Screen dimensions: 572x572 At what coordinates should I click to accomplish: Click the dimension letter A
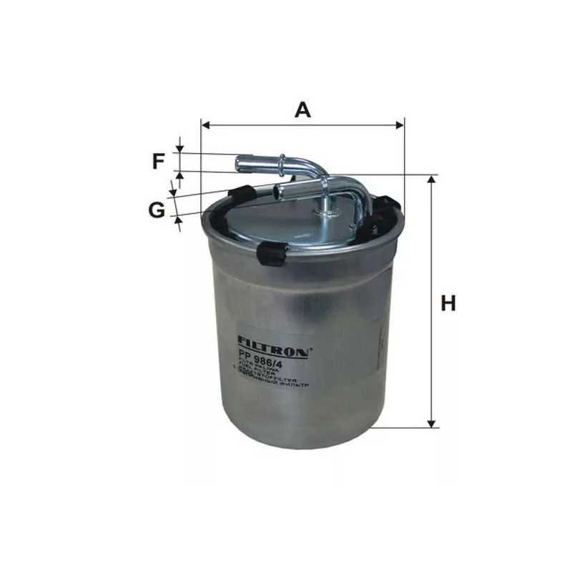[x=303, y=109]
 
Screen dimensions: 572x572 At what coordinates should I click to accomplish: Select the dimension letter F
[x=158, y=162]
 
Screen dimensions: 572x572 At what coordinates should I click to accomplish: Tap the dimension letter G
[x=157, y=209]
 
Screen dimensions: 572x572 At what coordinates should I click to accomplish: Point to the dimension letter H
[x=448, y=303]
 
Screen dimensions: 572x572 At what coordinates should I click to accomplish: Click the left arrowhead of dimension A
[x=206, y=125]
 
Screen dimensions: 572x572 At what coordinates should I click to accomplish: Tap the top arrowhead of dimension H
[x=432, y=179]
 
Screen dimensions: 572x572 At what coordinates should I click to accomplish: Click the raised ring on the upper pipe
[x=282, y=162]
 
